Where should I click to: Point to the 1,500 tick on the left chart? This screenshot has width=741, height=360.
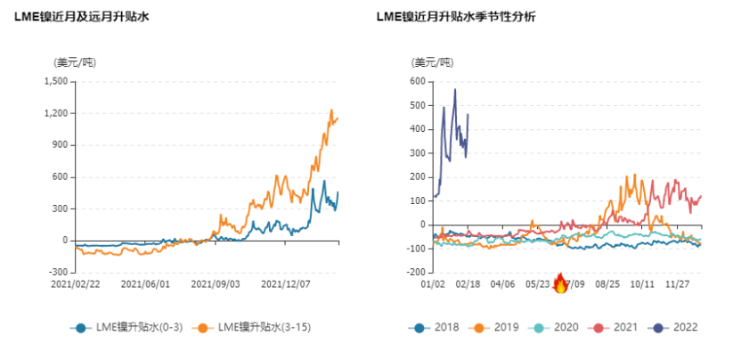coord(55,81)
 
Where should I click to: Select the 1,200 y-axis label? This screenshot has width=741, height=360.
coord(55,113)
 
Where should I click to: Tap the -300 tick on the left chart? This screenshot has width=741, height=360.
coord(58,272)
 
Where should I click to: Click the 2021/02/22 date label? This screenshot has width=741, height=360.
coord(76,285)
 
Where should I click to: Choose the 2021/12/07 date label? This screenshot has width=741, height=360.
coord(284,285)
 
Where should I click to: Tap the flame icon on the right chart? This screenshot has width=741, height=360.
coord(560,282)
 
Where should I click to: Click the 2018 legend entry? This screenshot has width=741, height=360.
coord(438,327)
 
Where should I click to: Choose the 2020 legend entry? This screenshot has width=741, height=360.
coord(558,327)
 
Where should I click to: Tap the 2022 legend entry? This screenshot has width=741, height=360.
coord(677,327)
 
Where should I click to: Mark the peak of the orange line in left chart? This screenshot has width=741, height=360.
coord(331,110)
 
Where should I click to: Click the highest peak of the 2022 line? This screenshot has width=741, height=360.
coord(455,89)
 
